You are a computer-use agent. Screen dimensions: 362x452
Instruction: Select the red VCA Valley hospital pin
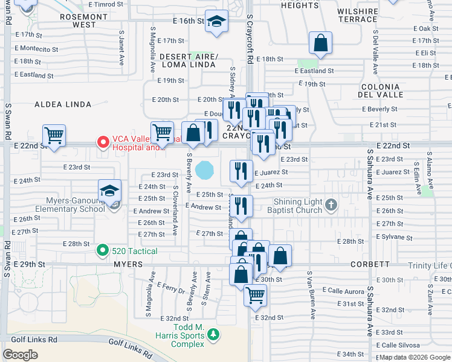[x=103, y=142]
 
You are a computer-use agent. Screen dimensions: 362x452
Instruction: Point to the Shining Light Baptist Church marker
[x=331, y=205]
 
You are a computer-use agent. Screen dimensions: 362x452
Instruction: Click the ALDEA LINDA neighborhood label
[x=63, y=104]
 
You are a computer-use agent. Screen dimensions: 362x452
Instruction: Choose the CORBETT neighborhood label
[x=370, y=264]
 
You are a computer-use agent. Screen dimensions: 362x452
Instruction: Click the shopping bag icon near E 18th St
[x=321, y=42]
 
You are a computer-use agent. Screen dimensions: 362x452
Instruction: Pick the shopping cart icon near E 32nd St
[x=255, y=296]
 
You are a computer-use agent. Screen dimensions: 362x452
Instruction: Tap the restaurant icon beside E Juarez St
[x=241, y=171]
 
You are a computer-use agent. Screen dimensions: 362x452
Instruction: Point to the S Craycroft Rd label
[x=249, y=42]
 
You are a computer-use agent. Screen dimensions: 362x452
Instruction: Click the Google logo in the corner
[x=20, y=355]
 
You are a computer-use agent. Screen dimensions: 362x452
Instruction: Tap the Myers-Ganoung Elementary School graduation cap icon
[x=109, y=191]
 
